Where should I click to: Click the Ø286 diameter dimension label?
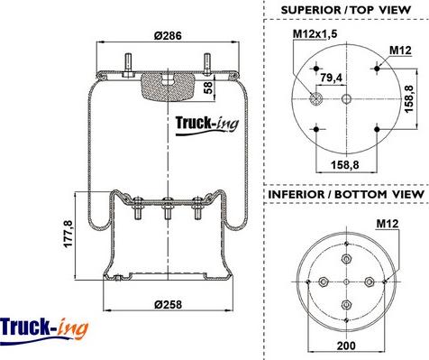point(168,35)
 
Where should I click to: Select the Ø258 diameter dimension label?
point(168,304)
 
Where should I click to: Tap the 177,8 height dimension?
point(68,234)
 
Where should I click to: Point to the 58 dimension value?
point(208,88)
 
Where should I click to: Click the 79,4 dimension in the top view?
point(331,78)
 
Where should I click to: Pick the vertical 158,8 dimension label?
point(408,98)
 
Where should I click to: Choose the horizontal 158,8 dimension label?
point(345,164)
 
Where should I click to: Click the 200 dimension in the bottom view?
point(346,346)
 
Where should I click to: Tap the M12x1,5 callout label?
point(315,33)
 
